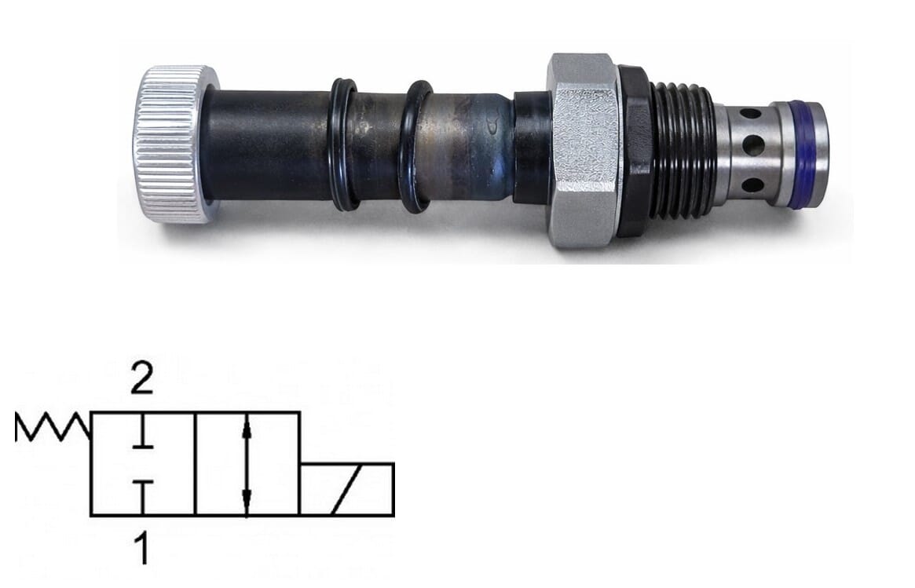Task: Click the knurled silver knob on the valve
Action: pos(175,144)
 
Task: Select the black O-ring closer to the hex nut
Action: pos(416,147)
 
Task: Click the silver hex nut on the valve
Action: pos(584,151)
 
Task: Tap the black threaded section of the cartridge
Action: pos(683,151)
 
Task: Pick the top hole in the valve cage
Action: pos(750,113)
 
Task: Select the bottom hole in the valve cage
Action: pos(752,185)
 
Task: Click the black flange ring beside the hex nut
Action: pos(635,151)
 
